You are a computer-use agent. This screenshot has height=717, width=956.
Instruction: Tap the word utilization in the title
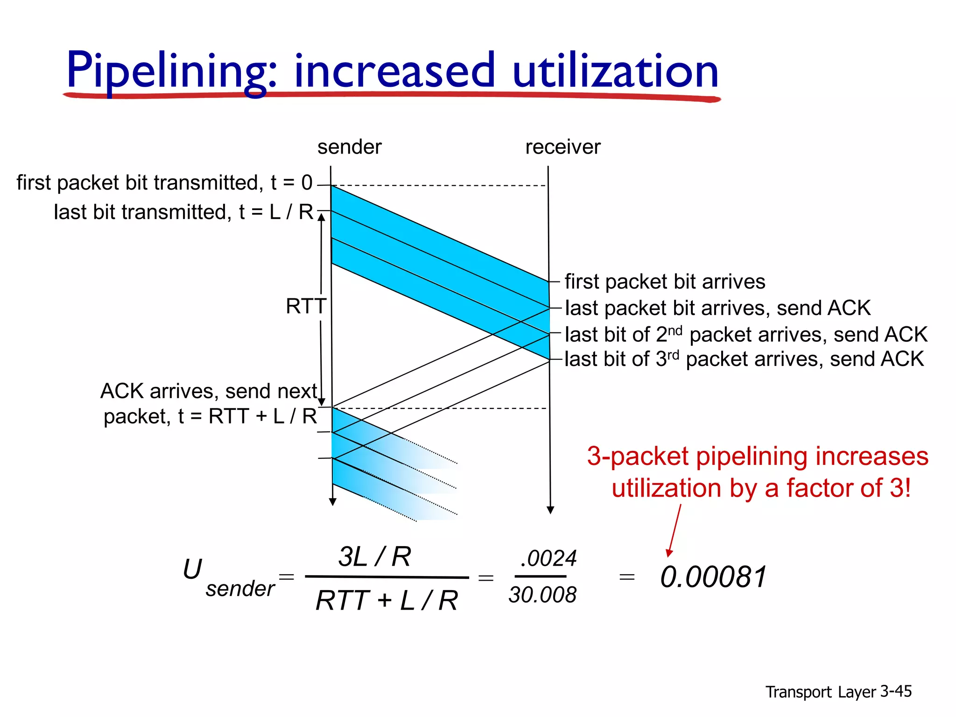pyautogui.click(x=615, y=71)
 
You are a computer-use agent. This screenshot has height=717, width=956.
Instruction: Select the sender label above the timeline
pyautogui.click(x=349, y=147)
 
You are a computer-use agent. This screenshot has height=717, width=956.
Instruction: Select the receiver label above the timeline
pyautogui.click(x=562, y=147)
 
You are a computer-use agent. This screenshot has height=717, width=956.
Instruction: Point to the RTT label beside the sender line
pyautogui.click(x=306, y=306)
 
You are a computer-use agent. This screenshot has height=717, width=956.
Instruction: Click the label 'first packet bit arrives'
pyautogui.click(x=665, y=281)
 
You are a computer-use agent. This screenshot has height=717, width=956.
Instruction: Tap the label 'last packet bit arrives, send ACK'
pyautogui.click(x=717, y=308)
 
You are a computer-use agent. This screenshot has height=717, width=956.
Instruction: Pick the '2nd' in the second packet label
pyautogui.click(x=670, y=333)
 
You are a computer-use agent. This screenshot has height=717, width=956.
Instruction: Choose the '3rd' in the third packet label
pyautogui.click(x=668, y=358)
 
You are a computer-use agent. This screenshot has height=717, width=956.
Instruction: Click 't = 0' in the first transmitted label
pyautogui.click(x=291, y=183)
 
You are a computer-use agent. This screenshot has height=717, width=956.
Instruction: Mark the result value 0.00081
pyautogui.click(x=713, y=577)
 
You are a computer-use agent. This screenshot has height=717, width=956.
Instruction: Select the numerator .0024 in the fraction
pyautogui.click(x=548, y=558)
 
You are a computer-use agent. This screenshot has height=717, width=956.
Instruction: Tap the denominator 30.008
pyautogui.click(x=542, y=595)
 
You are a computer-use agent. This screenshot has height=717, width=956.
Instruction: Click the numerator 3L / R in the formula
pyautogui.click(x=374, y=556)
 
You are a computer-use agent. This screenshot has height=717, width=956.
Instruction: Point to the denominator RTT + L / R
pyautogui.click(x=387, y=600)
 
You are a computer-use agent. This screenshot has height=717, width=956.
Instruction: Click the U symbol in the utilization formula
pyautogui.click(x=192, y=569)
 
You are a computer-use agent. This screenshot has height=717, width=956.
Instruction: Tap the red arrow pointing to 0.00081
pyautogui.click(x=674, y=531)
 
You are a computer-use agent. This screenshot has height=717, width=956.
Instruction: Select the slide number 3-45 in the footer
pyautogui.click(x=896, y=691)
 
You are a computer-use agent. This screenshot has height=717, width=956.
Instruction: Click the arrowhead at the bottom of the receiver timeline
pyautogui.click(x=550, y=510)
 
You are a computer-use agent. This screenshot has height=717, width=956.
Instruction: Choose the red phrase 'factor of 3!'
pyautogui.click(x=848, y=488)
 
